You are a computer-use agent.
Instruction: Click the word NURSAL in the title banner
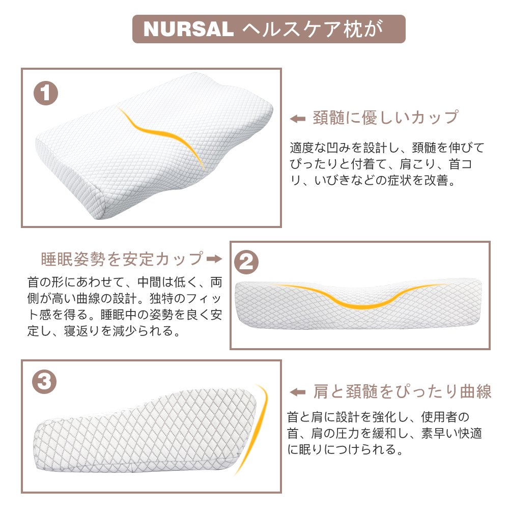pyautogui.click(x=189, y=29)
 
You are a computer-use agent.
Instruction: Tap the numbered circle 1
pyautogui.click(x=46, y=93)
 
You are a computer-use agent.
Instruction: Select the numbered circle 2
pyautogui.click(x=246, y=262)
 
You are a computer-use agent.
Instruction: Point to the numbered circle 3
pyautogui.click(x=44, y=381)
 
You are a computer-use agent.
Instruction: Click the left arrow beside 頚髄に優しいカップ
pyautogui.click(x=298, y=119)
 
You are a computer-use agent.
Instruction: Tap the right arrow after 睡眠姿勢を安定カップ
pyautogui.click(x=215, y=259)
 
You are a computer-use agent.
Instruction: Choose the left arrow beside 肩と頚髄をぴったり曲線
pyautogui.click(x=298, y=392)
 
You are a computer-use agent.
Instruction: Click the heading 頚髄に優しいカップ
pyautogui.click(x=386, y=117)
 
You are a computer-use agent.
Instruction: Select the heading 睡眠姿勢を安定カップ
pyautogui.click(x=123, y=259)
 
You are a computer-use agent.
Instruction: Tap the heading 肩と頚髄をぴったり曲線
pyautogui.click(x=402, y=391)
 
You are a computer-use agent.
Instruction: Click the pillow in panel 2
pyautogui.click(x=358, y=303)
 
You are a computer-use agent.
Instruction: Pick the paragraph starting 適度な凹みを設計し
pyautogui.click(x=387, y=164)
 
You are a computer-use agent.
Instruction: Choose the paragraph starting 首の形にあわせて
pyautogui.click(x=125, y=306)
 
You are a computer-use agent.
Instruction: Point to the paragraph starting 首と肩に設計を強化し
pyautogui.click(x=384, y=433)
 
